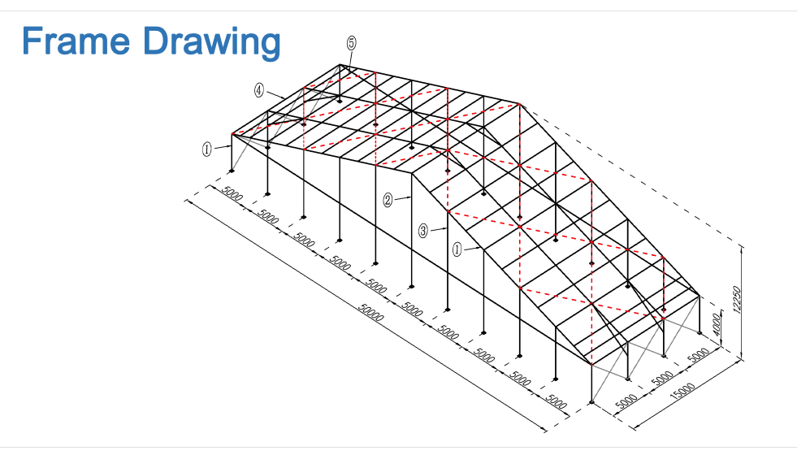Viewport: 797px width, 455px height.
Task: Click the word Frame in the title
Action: tap(76, 41)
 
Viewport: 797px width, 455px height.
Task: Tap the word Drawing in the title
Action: tap(211, 44)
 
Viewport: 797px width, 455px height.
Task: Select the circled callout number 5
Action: tap(351, 43)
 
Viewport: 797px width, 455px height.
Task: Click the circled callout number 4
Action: tap(259, 90)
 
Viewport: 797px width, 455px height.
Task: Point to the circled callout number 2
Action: tap(388, 200)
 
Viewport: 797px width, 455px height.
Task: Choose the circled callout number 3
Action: tap(423, 231)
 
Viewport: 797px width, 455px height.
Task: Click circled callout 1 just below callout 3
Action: tap(457, 249)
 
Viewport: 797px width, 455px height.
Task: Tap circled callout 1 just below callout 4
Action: tap(207, 149)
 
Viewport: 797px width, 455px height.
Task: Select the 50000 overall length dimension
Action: tap(371, 312)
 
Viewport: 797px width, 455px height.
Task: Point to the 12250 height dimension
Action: tap(737, 300)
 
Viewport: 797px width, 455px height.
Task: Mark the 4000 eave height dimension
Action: tap(717, 324)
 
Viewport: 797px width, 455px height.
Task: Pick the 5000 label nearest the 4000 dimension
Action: tap(699, 355)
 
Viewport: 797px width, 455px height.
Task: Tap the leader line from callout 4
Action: tap(275, 94)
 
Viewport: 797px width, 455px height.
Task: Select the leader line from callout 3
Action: tap(438, 230)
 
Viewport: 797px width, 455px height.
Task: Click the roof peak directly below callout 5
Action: tap(340, 64)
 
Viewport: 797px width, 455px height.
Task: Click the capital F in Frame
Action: tap(32, 41)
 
